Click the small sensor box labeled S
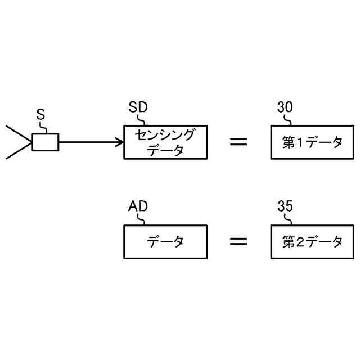45,142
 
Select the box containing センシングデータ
165,142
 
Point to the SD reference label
138,107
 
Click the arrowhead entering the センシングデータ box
120,142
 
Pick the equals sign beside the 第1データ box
238,142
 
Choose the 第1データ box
312,142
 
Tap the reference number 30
285,107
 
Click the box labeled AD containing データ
165,242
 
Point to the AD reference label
138,206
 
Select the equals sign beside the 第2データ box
238,242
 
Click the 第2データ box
312,242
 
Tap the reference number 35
285,206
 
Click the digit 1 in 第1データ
301,143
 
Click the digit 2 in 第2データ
301,242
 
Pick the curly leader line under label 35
289,219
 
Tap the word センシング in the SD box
165,136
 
